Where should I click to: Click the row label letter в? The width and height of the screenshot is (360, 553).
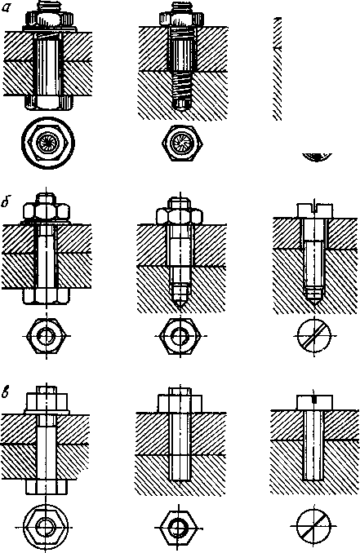(6, 392)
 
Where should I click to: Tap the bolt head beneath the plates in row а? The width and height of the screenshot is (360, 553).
(48, 102)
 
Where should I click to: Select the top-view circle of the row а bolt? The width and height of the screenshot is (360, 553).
(48, 143)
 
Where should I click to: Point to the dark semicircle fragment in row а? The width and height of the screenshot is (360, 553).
(318, 157)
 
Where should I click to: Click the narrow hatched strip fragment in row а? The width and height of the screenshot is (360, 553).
(278, 69)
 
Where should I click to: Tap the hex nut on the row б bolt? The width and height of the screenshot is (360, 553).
(46, 212)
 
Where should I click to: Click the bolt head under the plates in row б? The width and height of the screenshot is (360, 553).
(46, 296)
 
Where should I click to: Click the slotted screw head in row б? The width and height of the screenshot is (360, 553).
(315, 210)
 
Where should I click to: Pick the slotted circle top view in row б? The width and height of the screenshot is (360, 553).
(313, 335)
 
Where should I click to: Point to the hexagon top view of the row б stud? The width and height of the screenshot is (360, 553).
(180, 335)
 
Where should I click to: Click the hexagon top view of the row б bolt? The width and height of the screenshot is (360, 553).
(47, 335)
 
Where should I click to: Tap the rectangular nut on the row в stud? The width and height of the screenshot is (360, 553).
(180, 403)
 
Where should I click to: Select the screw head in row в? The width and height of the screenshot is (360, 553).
(314, 402)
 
